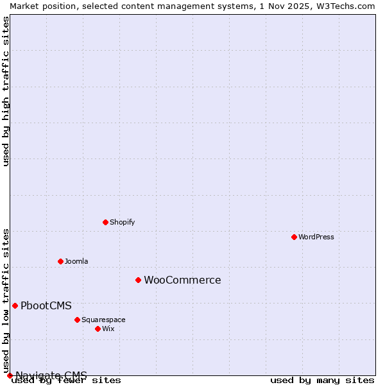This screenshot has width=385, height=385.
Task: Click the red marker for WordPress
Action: (x=294, y=237)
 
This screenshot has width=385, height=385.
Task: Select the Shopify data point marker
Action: (x=105, y=222)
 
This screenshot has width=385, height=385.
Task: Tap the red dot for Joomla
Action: (x=60, y=261)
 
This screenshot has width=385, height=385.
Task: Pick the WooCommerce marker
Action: (x=138, y=280)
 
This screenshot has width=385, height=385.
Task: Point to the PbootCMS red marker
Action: (x=15, y=305)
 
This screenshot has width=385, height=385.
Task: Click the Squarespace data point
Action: (x=77, y=320)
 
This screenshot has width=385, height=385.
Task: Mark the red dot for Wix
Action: (x=98, y=329)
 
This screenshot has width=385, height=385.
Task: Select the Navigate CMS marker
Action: (x=10, y=375)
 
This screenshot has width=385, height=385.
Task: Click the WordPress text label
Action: (x=316, y=237)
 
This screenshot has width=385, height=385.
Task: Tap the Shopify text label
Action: (x=122, y=222)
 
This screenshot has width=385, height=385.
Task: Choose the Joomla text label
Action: (x=76, y=261)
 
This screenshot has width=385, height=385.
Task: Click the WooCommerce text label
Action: (x=182, y=280)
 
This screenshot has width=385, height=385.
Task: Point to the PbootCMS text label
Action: (x=46, y=305)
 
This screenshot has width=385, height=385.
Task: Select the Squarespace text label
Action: (x=103, y=320)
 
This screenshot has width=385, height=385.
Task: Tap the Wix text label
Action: (x=108, y=329)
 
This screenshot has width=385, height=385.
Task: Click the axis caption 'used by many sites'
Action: (x=322, y=381)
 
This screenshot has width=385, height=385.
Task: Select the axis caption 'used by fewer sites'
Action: (x=66, y=381)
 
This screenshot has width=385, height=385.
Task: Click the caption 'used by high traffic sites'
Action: (x=6, y=91)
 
